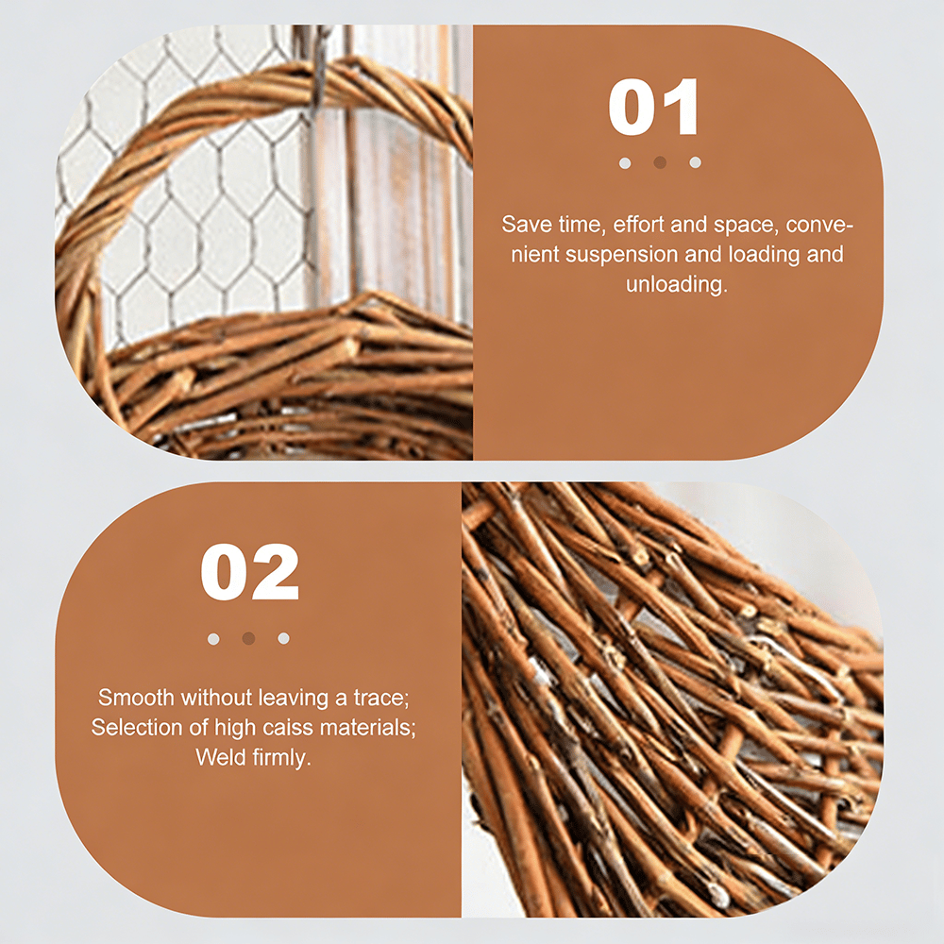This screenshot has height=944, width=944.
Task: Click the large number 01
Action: click(x=653, y=107)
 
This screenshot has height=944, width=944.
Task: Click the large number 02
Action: click(x=250, y=572)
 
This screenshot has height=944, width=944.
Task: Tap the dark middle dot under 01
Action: click(x=660, y=162)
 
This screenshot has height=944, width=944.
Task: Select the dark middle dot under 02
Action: click(x=248, y=638)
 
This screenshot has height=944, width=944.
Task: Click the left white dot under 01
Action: click(x=625, y=162)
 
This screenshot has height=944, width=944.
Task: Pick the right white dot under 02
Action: click(x=283, y=638)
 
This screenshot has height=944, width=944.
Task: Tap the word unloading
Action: click(x=677, y=284)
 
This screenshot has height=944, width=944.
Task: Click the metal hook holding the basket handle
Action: click(x=316, y=73)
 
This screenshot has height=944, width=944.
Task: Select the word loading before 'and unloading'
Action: click(x=765, y=255)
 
